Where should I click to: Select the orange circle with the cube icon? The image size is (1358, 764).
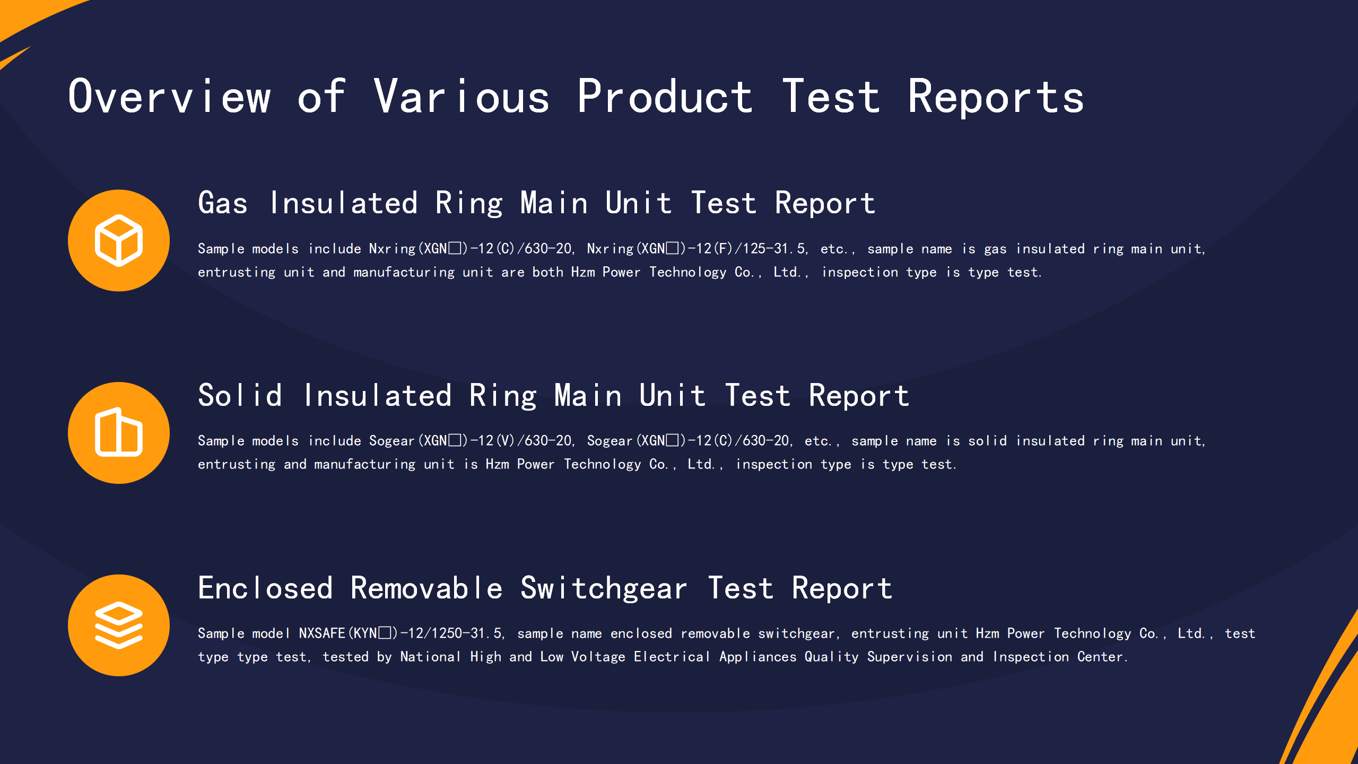119,240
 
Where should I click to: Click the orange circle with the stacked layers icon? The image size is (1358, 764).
119,625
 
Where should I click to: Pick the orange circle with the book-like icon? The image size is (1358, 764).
119,433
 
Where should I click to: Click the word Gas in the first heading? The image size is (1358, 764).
223,203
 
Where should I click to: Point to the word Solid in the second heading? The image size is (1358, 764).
240,395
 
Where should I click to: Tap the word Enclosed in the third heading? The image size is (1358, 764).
265,588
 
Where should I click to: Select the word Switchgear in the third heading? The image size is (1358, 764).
604,589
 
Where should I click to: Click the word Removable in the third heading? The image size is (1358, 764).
426,588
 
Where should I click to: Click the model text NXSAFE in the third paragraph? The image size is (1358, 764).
322,633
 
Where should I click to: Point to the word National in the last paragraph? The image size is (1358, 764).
430,657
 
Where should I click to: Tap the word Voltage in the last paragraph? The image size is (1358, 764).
598,657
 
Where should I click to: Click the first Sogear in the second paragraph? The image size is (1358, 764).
391,441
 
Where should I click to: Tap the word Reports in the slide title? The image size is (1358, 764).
996,97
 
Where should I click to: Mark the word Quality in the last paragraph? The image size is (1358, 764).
831,657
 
